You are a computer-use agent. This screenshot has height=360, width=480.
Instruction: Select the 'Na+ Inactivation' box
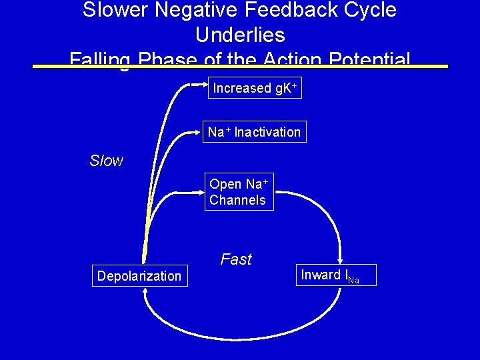pos(254,132)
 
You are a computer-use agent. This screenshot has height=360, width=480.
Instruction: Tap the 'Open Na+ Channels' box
pos(239,192)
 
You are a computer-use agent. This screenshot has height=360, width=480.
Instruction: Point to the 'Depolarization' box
pos(139,276)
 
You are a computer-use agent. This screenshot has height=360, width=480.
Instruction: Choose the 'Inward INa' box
pos(338,275)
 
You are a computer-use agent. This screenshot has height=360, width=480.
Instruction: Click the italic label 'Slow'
pos(107,161)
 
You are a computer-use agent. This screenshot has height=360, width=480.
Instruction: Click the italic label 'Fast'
pos(236,259)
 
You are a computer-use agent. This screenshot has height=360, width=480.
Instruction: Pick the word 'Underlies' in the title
pos(240,35)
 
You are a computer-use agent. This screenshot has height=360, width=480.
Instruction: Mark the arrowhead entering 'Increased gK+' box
pos(205,85)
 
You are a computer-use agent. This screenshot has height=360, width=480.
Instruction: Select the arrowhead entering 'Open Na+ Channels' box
pos(200,193)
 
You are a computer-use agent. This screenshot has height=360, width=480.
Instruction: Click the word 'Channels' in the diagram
pos(237,200)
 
